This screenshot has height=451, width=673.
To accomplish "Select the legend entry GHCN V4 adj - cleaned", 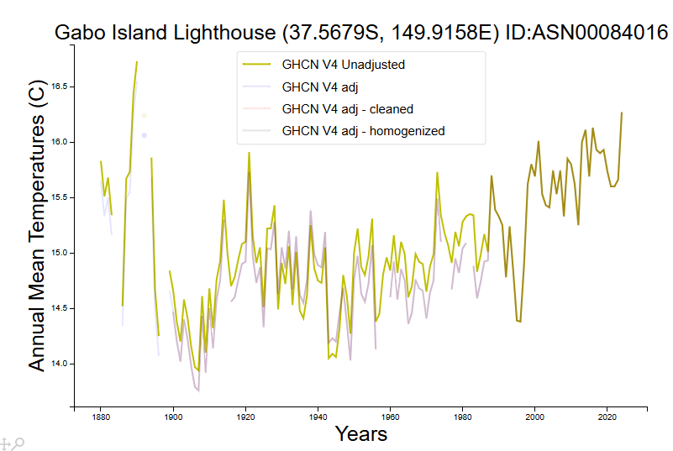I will (348, 108).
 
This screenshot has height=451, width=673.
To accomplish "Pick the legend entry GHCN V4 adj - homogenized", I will (363, 130).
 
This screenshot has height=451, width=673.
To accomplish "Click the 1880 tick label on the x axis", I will (101, 417).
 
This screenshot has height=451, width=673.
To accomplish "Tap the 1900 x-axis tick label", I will (173, 417).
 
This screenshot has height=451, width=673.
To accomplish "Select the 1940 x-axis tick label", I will (318, 417).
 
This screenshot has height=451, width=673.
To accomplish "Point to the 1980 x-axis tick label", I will (462, 417).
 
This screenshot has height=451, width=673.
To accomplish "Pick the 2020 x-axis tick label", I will (607, 417).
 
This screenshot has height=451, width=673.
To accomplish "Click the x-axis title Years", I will (361, 433).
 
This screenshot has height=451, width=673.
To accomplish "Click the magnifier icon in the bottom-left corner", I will (18, 443).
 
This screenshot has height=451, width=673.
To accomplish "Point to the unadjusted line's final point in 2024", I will (622, 113).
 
